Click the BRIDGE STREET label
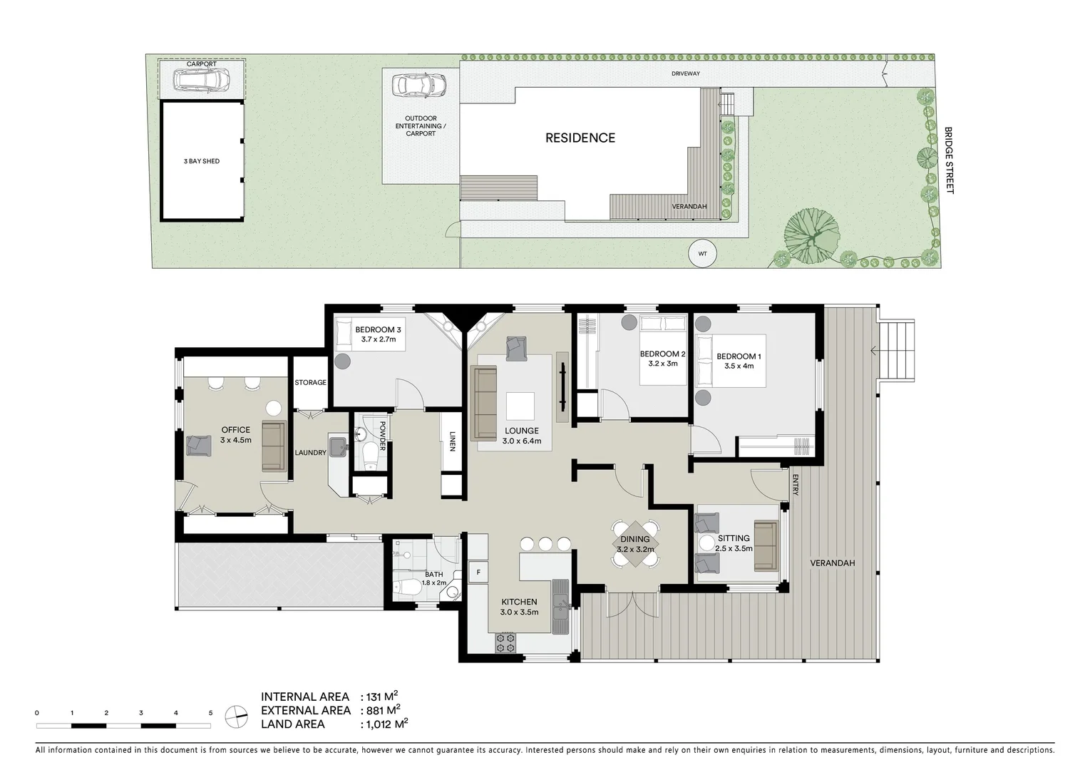tap(948, 160)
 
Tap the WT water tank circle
tap(703, 253)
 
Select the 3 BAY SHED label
tap(202, 161)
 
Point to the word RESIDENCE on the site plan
tap(580, 138)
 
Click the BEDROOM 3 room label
tap(378, 329)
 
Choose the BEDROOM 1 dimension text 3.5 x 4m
tap(739, 366)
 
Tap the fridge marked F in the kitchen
tap(478, 571)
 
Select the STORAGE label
tap(310, 383)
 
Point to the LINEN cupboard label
tap(452, 442)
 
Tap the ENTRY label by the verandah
tap(794, 486)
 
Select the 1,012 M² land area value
tap(386, 724)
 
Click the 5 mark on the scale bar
tap(210, 712)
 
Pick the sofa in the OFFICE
tap(273, 446)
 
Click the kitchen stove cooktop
tap(505, 642)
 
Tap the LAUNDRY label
tap(310, 453)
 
